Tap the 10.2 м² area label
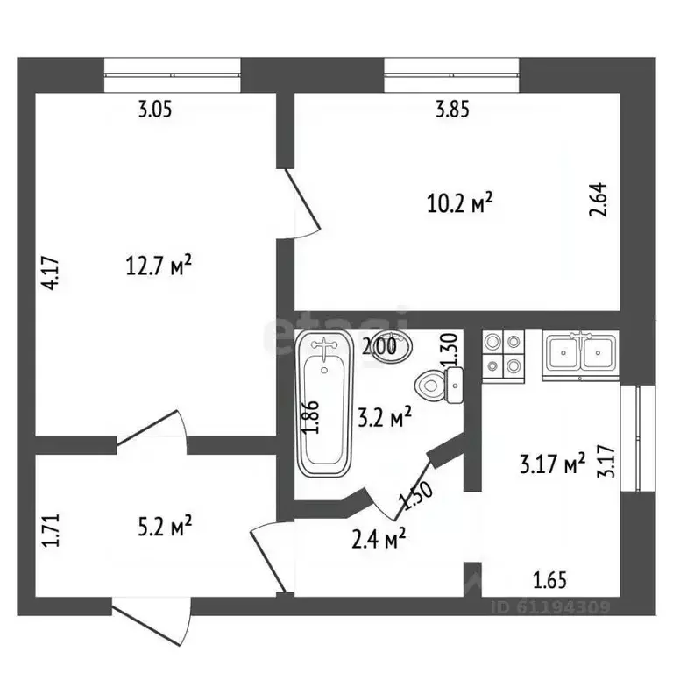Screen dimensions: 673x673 coord(458,204)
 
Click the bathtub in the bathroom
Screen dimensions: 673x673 coord(324,405)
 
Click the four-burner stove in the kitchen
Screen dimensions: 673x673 coord(502,353)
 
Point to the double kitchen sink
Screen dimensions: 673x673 coord(579,354)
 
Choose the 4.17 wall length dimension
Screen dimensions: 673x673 coord(52,271)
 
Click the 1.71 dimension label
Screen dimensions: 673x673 coord(50,533)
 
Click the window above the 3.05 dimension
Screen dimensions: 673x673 coord(172,75)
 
